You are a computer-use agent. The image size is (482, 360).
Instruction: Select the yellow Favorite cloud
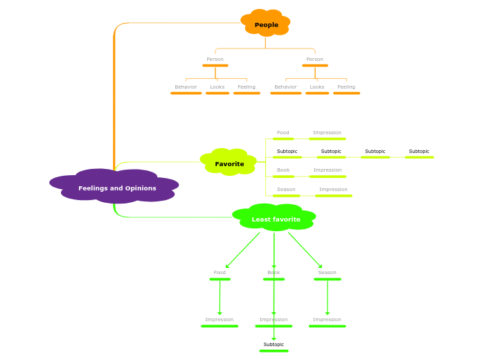click(229, 163)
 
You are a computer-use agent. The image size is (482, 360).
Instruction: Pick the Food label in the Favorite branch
click(283, 133)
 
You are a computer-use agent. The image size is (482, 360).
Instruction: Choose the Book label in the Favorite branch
click(283, 170)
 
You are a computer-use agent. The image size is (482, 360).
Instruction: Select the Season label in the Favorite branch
click(286, 190)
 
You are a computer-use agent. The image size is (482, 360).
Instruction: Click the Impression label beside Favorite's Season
click(333, 190)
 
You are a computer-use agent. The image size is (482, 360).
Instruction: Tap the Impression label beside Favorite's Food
click(327, 133)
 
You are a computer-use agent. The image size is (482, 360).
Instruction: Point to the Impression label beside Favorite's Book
click(327, 170)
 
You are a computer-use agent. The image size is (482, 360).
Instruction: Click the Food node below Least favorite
click(220, 273)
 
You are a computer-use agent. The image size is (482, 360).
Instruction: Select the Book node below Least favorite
click(274, 273)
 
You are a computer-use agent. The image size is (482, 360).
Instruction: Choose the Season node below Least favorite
click(327, 273)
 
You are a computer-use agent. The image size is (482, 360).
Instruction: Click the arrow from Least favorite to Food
click(242, 250)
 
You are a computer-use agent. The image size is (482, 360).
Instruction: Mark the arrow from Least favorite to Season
click(305, 250)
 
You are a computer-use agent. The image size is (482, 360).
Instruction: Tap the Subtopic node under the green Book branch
click(274, 345)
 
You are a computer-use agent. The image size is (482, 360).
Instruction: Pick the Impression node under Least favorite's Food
click(219, 320)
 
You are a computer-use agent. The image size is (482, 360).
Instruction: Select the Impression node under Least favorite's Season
click(327, 320)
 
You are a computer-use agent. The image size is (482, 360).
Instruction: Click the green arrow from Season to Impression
click(327, 298)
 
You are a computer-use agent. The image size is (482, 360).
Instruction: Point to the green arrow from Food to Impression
click(220, 298)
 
